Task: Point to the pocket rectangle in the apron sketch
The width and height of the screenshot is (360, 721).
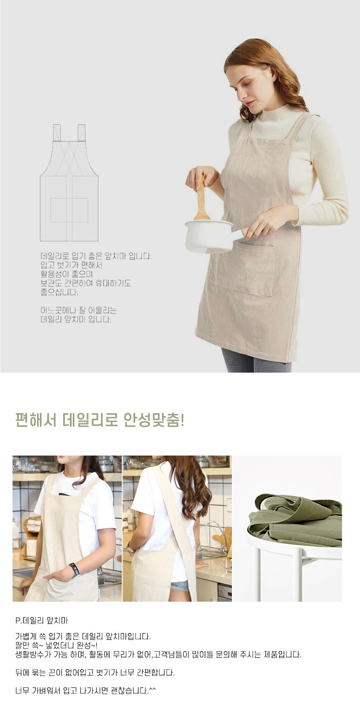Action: [x=69, y=210]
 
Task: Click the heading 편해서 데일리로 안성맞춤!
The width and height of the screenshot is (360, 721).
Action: [x=100, y=420]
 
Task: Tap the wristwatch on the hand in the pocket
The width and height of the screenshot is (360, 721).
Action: [x=75, y=570]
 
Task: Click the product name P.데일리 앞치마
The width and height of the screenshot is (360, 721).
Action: [x=41, y=621]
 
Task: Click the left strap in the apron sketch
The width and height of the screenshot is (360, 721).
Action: [x=57, y=133]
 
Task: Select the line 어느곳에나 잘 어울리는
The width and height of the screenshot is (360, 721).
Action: [x=79, y=310]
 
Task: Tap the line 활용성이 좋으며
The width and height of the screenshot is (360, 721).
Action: [x=67, y=274]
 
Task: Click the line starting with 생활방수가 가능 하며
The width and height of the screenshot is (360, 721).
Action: [x=158, y=654]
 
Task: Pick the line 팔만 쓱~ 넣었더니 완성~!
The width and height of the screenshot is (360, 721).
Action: [x=56, y=645]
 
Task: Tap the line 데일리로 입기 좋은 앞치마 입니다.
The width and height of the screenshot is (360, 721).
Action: [x=96, y=256]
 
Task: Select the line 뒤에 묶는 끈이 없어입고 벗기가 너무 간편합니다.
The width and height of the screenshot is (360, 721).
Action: [x=95, y=673]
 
